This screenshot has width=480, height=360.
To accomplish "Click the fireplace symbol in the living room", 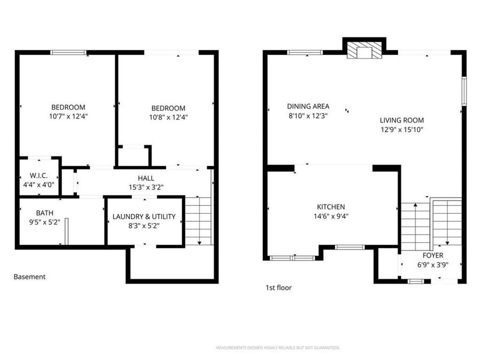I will pyautogui.click(x=365, y=51).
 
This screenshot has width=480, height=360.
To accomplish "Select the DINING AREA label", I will pyautogui.click(x=308, y=106).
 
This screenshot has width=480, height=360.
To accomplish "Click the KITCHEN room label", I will pyautogui.click(x=331, y=207).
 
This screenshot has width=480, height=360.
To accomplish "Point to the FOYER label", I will pyautogui.click(x=433, y=255).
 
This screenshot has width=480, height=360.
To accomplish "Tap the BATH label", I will pyautogui.click(x=45, y=213).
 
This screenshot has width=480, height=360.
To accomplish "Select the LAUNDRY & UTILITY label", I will pyautogui.click(x=143, y=217).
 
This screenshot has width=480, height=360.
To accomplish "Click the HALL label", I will pyautogui.click(x=146, y=178).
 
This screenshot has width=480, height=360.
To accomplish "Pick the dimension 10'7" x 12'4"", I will pyautogui.click(x=68, y=116).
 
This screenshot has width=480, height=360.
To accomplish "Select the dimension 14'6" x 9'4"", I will pyautogui.click(x=331, y=216).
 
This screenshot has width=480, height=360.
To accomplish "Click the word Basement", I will pyautogui.click(x=29, y=277).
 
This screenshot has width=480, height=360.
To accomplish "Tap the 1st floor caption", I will pyautogui.click(x=278, y=288).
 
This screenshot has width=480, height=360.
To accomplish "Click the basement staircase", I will pyautogui.click(x=199, y=220).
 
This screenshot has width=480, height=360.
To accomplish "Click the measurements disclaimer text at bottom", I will pyautogui.click(x=277, y=348).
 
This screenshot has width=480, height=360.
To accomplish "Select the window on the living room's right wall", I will pyautogui.click(x=464, y=91).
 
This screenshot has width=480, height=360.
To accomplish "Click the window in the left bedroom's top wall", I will pyautogui.click(x=68, y=52).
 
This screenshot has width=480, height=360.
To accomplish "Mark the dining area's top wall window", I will pyautogui.click(x=305, y=52).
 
